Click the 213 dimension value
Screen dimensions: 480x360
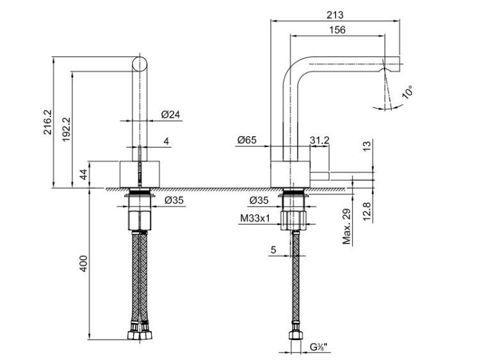[335, 15]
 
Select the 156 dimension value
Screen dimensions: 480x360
[337, 30]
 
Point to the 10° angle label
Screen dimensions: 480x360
[408, 92]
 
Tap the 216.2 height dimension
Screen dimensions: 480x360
[48, 122]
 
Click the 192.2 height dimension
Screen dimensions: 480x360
[67, 129]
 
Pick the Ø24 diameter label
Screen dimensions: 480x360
[171, 114]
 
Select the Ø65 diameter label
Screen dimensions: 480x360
[247, 140]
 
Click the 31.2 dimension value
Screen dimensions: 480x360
[319, 140]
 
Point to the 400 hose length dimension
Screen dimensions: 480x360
[83, 263]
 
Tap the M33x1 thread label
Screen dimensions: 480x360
[255, 219]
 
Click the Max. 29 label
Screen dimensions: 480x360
[346, 226]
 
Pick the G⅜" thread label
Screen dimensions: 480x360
[318, 347]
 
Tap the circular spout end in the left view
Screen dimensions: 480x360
[140, 64]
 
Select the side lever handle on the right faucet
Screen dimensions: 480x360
[320, 176]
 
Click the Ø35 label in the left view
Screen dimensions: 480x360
[174, 200]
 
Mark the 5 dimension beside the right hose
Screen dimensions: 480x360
[273, 250]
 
